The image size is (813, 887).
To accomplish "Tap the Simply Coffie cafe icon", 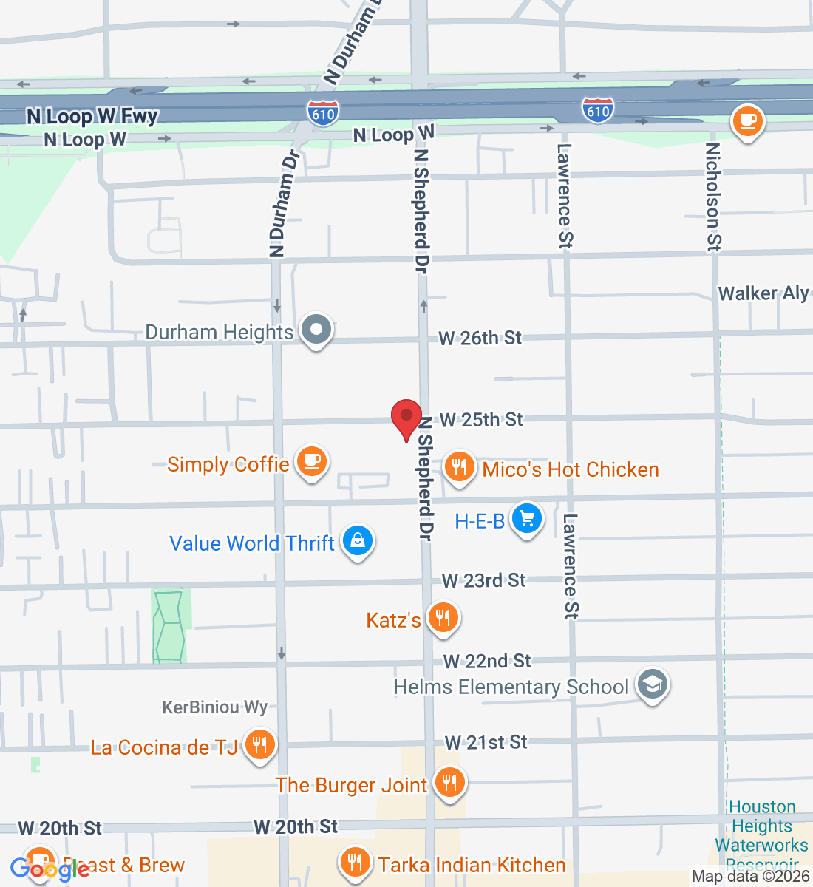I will coord(311,462).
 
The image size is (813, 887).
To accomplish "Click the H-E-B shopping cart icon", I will coord(527,519).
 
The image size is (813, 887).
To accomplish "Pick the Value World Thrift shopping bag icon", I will coord(358,541).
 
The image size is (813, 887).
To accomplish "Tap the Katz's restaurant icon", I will coord(443,617).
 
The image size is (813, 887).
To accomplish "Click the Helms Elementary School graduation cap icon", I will coord(652,685).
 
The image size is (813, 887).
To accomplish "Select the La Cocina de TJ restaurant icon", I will coord(259,744).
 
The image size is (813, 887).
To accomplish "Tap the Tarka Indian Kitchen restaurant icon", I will coord(356,862).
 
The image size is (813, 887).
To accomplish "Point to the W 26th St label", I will coord(480,339).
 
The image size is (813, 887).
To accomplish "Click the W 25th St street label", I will coord(481,420).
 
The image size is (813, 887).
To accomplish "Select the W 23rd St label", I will coord(483,580).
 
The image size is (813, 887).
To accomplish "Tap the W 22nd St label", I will coord(487,661).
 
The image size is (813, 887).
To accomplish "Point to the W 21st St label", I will coord(486,742).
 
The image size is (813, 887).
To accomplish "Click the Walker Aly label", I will coord(763,293).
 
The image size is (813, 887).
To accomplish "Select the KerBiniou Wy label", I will coord(214,707).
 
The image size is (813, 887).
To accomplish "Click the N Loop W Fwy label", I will coord(92,116).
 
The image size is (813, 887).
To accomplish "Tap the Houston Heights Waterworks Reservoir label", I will coord(762,835).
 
